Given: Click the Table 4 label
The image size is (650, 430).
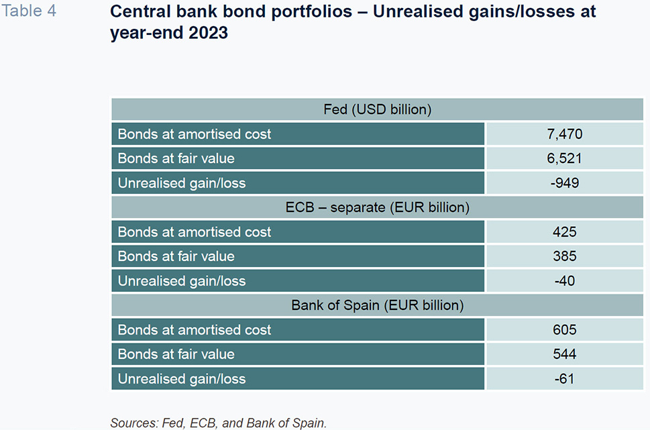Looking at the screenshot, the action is pyautogui.click(x=29, y=11).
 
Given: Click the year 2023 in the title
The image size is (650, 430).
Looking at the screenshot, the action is pyautogui.click(x=208, y=33).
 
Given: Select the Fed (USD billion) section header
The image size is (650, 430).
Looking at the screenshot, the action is pyautogui.click(x=377, y=109).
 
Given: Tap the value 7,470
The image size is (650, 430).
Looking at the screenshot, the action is pyautogui.click(x=565, y=134).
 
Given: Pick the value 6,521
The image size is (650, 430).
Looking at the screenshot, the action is pyautogui.click(x=564, y=158).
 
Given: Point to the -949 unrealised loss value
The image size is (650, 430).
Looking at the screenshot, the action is pyautogui.click(x=565, y=183).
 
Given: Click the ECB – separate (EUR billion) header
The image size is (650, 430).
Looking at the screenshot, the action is pyautogui.click(x=377, y=207).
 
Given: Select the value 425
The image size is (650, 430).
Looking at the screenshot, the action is pyautogui.click(x=565, y=232).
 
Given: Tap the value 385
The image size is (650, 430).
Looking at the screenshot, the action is pyautogui.click(x=565, y=256).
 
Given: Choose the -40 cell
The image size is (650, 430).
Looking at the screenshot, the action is pyautogui.click(x=565, y=280).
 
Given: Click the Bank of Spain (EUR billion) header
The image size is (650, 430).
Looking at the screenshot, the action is pyautogui.click(x=377, y=305).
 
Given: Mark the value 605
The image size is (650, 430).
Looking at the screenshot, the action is pyautogui.click(x=565, y=329).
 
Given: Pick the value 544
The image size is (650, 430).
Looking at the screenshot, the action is pyautogui.click(x=565, y=354).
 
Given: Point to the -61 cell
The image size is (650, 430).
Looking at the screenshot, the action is pyautogui.click(x=565, y=378).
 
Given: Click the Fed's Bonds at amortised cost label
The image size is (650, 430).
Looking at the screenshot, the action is pyautogui.click(x=195, y=134).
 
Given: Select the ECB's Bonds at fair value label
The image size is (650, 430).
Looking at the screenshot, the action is pyautogui.click(x=176, y=256).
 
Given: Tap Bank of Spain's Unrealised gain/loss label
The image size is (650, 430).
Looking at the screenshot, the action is pyautogui.click(x=182, y=379).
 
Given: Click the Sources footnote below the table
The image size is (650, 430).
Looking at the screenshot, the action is pyautogui.click(x=219, y=423).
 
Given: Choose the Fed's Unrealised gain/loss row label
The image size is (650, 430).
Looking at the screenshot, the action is pyautogui.click(x=182, y=183).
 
